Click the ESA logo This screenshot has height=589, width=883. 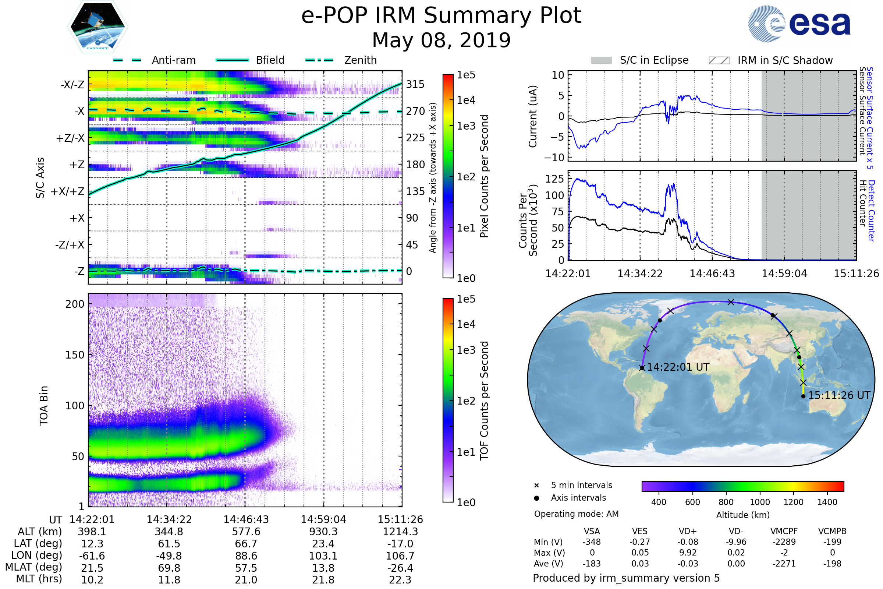pos(799,24)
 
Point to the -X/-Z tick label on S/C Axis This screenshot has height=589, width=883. pos(72,85)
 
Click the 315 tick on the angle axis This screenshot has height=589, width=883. pos(415,84)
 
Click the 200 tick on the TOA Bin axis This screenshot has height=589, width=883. pos(75,304)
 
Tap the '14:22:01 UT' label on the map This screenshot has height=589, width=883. pos(678,367)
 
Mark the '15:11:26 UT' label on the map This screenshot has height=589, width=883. pos(839,395)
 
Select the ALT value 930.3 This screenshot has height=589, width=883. pos(323,532)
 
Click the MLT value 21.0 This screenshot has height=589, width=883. pos(246,579)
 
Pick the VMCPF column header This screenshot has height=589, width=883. pos(784,531)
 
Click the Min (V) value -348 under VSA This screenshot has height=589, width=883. pos(592,542)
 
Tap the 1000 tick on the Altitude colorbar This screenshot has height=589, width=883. pos(760,502)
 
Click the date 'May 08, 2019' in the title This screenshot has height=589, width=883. pos(441,40)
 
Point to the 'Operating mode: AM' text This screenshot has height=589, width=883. pos(576,514)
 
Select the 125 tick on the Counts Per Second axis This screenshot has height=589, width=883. pos(554,179)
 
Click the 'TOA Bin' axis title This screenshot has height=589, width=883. pos(44,406)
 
